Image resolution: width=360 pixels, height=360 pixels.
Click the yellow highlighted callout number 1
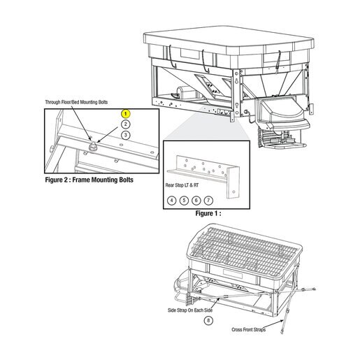(126, 114)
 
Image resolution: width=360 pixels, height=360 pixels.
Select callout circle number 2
(126, 124)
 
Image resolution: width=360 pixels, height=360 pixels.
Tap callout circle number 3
(126, 135)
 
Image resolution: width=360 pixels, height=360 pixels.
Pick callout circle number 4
(172, 201)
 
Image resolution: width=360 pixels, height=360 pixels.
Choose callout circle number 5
(184, 201)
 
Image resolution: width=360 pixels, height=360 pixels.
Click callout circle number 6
(196, 201)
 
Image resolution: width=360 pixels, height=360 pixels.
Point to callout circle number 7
(208, 201)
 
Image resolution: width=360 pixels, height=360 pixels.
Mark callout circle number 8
(208, 321)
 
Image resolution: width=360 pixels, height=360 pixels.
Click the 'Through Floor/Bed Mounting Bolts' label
(76, 102)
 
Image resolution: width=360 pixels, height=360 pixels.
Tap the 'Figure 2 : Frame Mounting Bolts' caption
(89, 180)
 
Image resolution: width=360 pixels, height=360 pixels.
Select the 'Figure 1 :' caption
(208, 213)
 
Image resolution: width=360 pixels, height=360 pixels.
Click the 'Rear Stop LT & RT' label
(182, 185)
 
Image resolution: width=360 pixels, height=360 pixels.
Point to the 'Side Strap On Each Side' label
(190, 310)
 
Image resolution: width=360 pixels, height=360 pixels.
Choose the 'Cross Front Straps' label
(249, 330)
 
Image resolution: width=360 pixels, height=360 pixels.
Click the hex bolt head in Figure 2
(93, 147)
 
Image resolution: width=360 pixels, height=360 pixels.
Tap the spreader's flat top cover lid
(229, 39)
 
